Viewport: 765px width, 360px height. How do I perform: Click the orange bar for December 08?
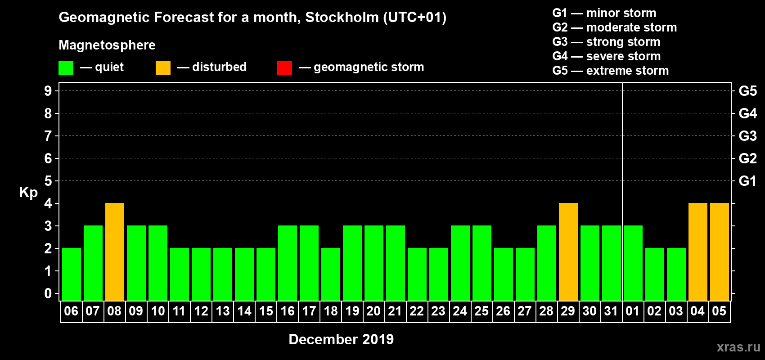[x=115, y=252]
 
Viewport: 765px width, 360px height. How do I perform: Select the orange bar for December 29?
[x=568, y=252]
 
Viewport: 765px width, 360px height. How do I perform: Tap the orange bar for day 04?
[x=698, y=252]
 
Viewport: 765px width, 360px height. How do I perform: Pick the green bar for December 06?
[x=72, y=274]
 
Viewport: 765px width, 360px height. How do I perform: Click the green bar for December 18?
[x=331, y=274]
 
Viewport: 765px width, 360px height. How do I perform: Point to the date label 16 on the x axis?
[x=288, y=311]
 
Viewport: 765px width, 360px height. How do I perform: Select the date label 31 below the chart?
[x=611, y=311]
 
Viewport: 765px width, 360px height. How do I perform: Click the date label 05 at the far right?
[x=719, y=311]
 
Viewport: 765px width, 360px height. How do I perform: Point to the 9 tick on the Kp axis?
[x=48, y=91]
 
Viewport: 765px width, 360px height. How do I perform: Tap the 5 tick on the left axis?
[x=48, y=181]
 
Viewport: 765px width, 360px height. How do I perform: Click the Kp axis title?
[x=28, y=193]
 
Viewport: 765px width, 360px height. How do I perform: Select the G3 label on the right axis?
[x=747, y=136]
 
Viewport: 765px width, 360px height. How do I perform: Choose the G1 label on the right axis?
[x=747, y=181]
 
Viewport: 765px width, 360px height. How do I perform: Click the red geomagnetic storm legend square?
[x=284, y=68]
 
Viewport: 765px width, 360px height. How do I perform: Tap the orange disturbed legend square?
[x=163, y=68]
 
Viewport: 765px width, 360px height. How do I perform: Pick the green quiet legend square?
[x=66, y=68]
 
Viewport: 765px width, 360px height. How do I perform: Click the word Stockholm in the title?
[x=342, y=17]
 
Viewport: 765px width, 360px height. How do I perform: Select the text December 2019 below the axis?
[x=341, y=339]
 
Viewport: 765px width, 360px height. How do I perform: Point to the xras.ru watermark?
[x=738, y=347]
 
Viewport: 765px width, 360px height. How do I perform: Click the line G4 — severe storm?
[x=606, y=56]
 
